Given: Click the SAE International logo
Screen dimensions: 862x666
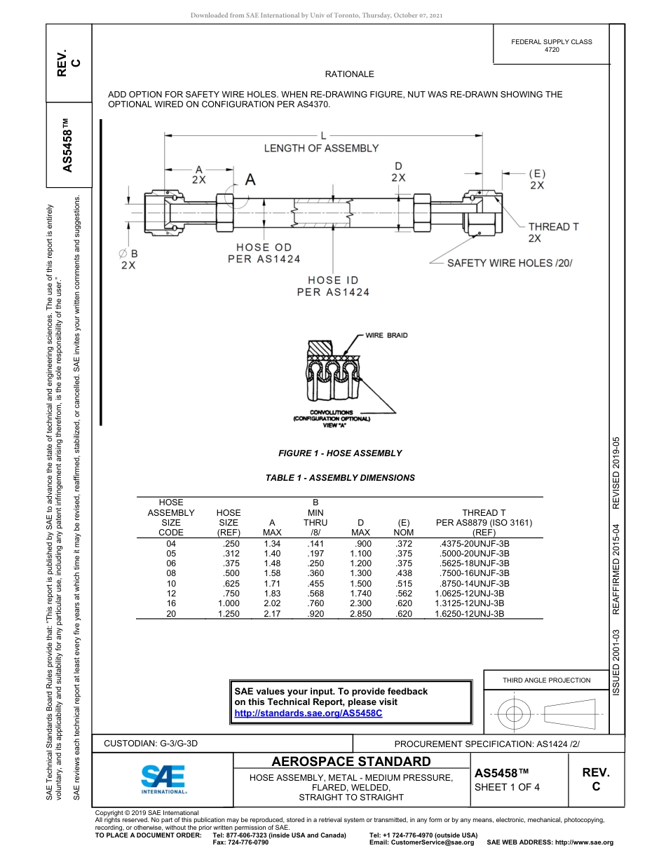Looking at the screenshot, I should pos(163,778).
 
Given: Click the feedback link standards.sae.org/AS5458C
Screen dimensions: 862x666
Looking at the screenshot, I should pos(308,713).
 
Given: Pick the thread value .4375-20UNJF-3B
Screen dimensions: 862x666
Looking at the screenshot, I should pos(474,544).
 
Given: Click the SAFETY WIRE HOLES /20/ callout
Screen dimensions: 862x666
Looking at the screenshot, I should pos(510,263).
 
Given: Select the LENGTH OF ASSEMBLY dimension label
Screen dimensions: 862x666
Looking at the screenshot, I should pos(321,148).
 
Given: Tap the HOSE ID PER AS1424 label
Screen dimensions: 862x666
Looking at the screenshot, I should pos(333,286).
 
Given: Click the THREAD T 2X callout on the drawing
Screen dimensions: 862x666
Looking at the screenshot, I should pos(553,232).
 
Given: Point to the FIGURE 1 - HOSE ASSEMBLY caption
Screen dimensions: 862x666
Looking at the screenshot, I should pos(340,453).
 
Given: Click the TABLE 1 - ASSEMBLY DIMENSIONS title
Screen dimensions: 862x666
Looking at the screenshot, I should pos(340,478).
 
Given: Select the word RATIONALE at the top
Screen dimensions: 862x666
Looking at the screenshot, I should pos(349,74).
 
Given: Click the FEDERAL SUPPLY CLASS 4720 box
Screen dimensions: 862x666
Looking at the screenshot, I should pos(551,46).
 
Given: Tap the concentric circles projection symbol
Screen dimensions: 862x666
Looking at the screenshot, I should pos(515,713).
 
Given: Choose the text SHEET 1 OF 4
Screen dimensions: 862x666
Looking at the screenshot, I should pos(508,787).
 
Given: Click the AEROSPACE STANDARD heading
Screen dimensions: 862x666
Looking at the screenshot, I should pos(351,762).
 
